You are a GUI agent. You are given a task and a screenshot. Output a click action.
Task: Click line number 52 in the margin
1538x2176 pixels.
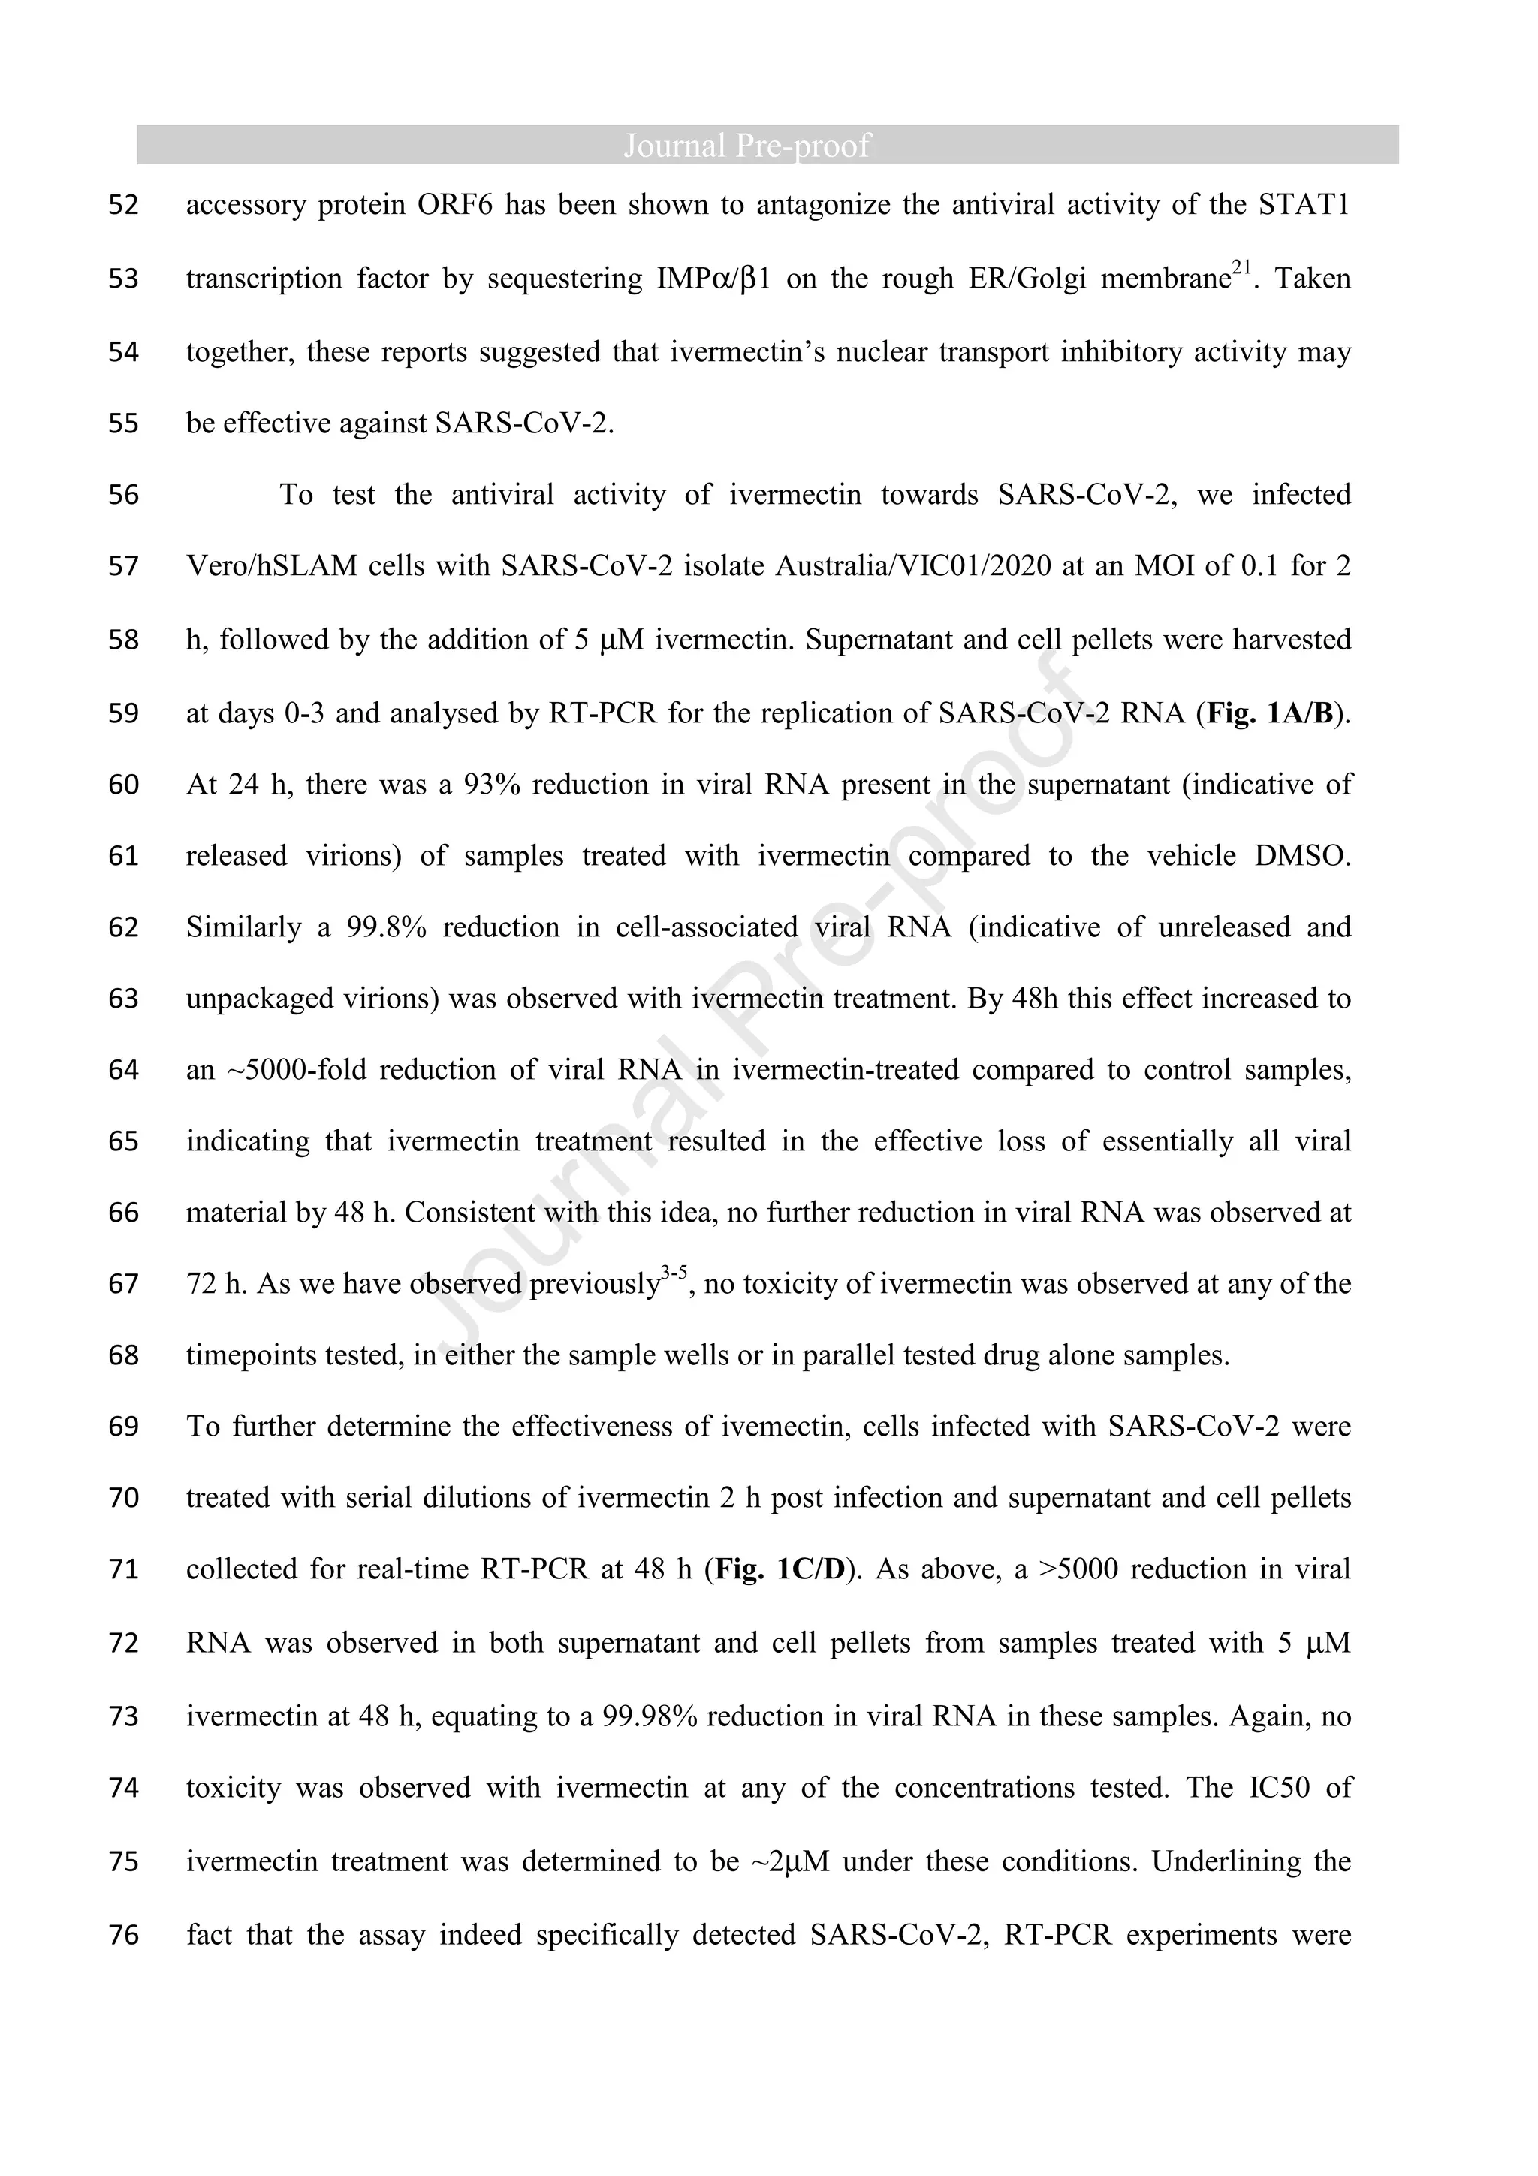tap(123, 205)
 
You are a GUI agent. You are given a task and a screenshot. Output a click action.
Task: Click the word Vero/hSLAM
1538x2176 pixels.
tap(272, 567)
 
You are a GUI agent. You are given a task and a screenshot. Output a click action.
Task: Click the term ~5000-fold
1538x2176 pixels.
tap(296, 1070)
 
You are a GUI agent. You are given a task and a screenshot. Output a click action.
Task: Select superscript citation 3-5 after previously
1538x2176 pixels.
tap(674, 1273)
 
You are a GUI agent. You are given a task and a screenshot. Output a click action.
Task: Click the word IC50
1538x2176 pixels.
tap(1280, 1787)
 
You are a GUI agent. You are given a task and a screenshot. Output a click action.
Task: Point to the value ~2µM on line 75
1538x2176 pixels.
tap(789, 1861)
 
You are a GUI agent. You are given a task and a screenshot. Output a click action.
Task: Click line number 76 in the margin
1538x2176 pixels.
tap(123, 1934)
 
